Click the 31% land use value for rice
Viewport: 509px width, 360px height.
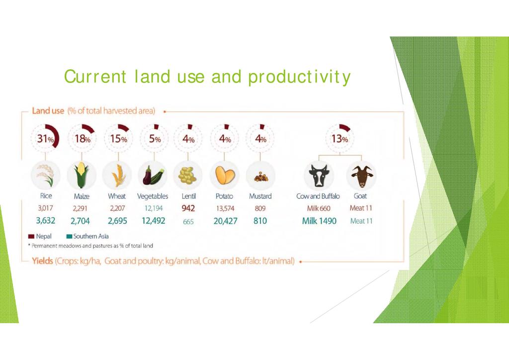[x=45, y=139]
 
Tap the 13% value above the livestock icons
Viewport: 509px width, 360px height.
[x=339, y=139]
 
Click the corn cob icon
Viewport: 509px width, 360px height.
[x=82, y=176]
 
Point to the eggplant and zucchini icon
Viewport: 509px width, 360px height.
[x=153, y=176]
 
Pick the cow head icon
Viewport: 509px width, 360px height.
[x=319, y=176]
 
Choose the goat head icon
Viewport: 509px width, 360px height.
[x=361, y=176]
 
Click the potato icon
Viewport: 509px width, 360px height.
[x=225, y=175]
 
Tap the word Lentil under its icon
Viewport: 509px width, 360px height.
[x=188, y=196]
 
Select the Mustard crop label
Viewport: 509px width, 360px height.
[x=260, y=196]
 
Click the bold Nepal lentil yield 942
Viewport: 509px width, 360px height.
[x=188, y=208]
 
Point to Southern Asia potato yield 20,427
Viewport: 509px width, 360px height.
[x=225, y=221]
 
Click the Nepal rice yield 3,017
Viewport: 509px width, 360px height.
[x=45, y=208]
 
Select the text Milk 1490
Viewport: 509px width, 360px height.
[x=319, y=221]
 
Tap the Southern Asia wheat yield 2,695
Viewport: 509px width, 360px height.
[x=117, y=221]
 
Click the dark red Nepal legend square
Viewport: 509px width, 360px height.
[x=31, y=236]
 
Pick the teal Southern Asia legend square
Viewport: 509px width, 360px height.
[x=69, y=236]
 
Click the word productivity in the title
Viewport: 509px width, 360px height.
[x=299, y=77]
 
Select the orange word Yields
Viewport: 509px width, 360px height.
[x=42, y=261]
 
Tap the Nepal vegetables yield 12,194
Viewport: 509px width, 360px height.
[x=154, y=208]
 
